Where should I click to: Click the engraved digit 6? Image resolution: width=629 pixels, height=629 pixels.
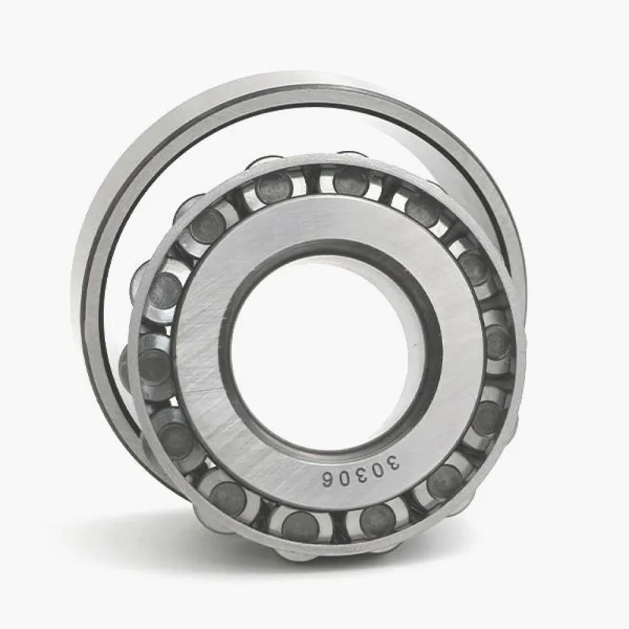click(329, 479)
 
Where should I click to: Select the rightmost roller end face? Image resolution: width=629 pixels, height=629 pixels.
click(498, 342)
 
